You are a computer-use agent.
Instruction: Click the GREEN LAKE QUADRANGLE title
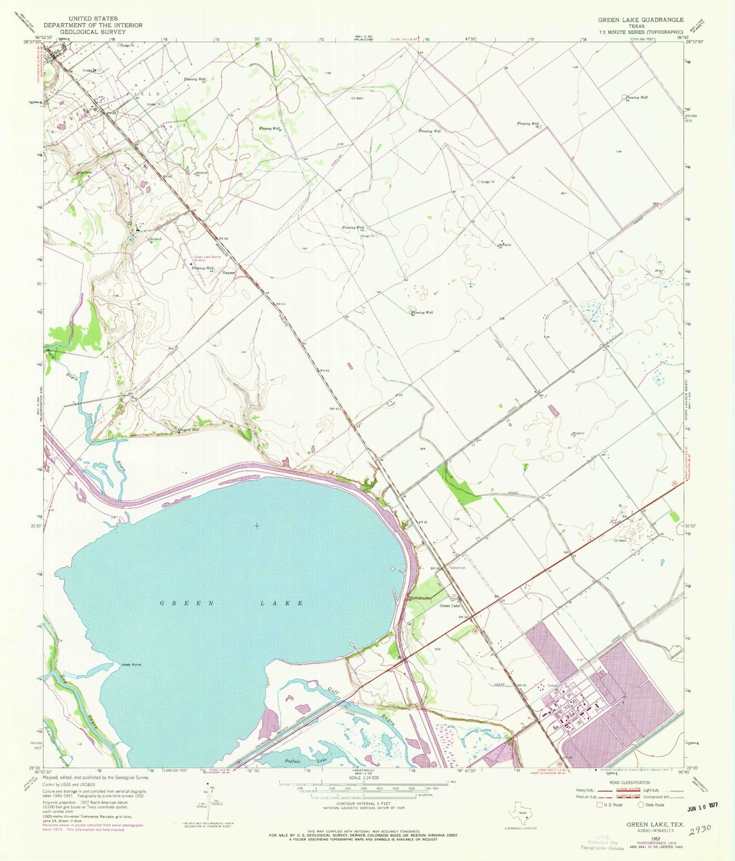[640, 19]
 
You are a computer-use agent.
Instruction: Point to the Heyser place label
[229, 273]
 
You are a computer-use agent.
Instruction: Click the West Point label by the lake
[131, 665]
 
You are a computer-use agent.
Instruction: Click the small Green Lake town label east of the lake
[450, 606]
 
